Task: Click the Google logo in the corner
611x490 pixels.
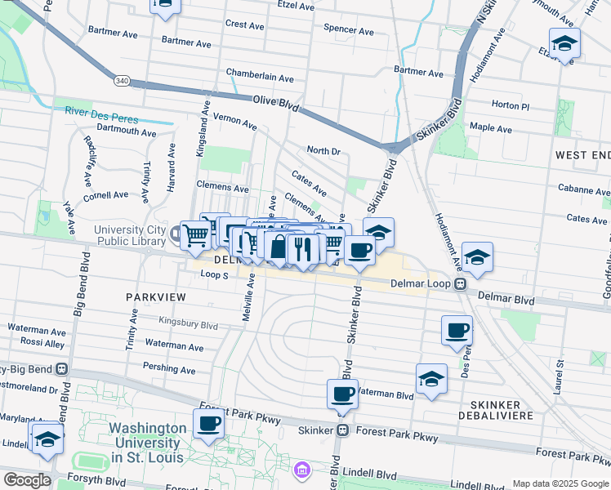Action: click(27, 480)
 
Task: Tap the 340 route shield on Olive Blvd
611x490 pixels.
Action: click(120, 80)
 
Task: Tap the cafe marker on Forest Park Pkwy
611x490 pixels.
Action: click(208, 424)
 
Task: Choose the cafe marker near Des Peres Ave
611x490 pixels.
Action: click(457, 331)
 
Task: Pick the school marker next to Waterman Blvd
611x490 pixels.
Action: click(431, 379)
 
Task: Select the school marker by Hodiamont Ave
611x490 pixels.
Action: click(477, 257)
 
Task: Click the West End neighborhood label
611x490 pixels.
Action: click(582, 155)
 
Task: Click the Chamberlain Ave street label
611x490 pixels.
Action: click(260, 78)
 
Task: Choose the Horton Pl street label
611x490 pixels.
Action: click(511, 105)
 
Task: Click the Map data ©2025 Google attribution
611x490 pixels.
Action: click(560, 483)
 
